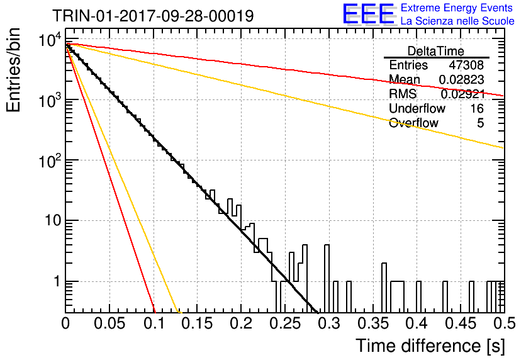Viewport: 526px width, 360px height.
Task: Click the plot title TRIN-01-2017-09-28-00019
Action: pyautogui.click(x=153, y=16)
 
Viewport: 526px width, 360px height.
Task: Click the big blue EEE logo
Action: pyautogui.click(x=369, y=14)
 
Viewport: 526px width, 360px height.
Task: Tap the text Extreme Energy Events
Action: pyautogui.click(x=457, y=8)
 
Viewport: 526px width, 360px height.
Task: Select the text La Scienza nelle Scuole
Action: pyautogui.click(x=457, y=21)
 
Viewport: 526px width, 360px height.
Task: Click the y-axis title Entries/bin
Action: pyautogui.click(x=13, y=70)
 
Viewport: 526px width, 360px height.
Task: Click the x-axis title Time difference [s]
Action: pyautogui.click(x=430, y=346)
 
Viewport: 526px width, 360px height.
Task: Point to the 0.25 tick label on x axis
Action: pyautogui.click(x=285, y=323)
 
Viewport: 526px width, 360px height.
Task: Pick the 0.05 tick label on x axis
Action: pyautogui.click(x=109, y=323)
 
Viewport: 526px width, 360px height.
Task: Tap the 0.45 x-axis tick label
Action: pyautogui.click(x=461, y=323)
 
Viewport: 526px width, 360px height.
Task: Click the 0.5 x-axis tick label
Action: pyautogui.click(x=504, y=323)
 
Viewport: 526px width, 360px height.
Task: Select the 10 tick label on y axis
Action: pyautogui.click(x=53, y=220)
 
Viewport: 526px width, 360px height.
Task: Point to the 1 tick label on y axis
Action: pyautogui.click(x=57, y=281)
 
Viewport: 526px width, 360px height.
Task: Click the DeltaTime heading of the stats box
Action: pyautogui.click(x=436, y=52)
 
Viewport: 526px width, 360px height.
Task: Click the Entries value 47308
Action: pyautogui.click(x=466, y=65)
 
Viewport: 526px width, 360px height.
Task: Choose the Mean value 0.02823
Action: pyautogui.click(x=462, y=79)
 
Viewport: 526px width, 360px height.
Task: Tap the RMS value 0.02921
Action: pyautogui.click(x=462, y=94)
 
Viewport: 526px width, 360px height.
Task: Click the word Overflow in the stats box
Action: pyautogui.click(x=413, y=123)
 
